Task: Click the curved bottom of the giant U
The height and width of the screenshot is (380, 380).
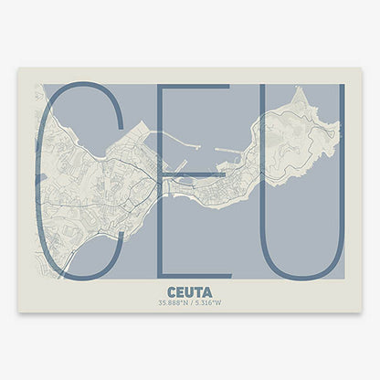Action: [302, 274]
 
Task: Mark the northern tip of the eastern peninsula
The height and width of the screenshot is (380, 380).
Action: [297, 90]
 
